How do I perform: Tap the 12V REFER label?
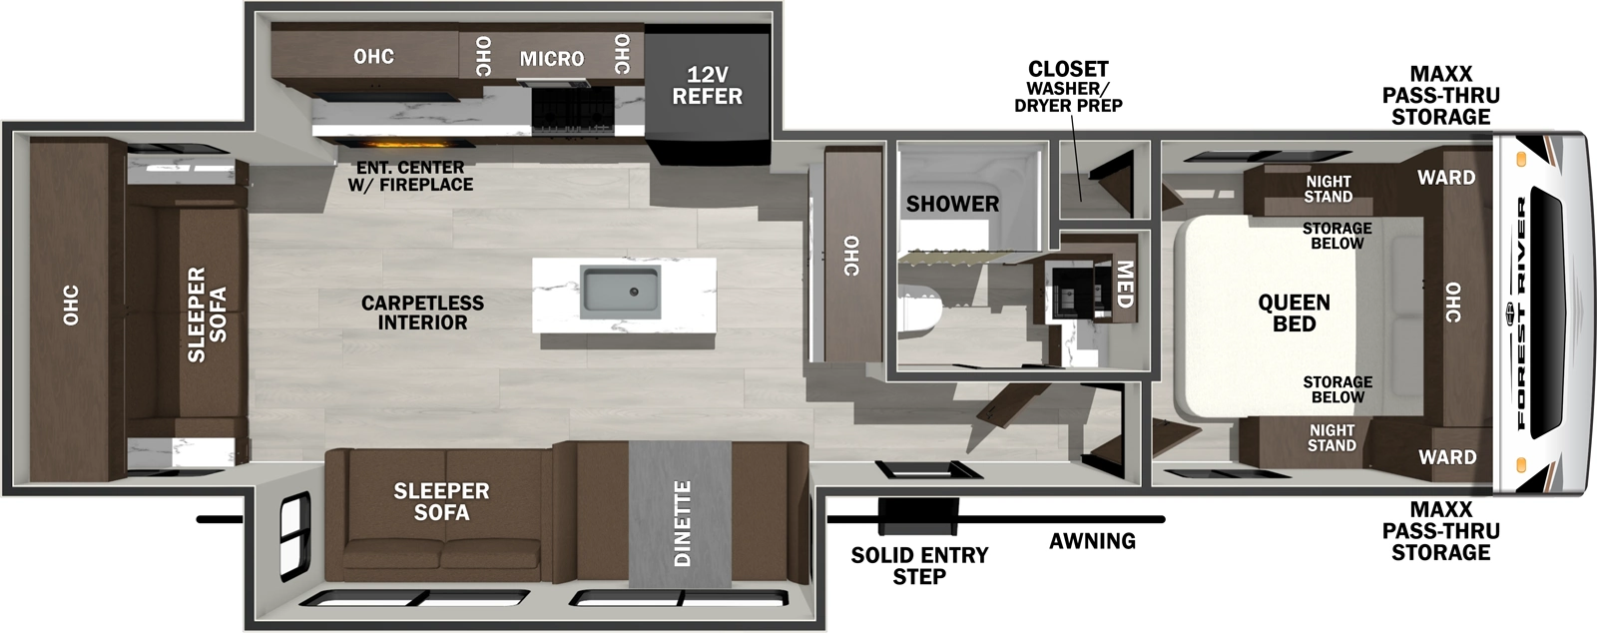click(x=707, y=86)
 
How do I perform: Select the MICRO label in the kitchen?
click(x=551, y=59)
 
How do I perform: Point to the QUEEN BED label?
click(x=1294, y=313)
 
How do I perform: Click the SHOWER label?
click(x=952, y=204)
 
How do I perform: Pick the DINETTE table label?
click(x=683, y=522)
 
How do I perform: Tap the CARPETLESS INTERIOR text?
click(x=422, y=313)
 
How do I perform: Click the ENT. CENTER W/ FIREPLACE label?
click(x=410, y=176)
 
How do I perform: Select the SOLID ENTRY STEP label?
click(x=919, y=565)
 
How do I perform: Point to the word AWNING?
click(x=1092, y=541)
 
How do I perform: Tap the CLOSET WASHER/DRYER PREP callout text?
click(x=1068, y=86)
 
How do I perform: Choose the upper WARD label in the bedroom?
click(x=1445, y=178)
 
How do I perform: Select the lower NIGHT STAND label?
click(x=1331, y=437)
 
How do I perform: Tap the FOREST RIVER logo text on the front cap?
click(x=1522, y=313)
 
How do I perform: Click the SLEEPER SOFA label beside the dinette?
click(x=441, y=501)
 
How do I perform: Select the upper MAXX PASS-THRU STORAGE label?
click(x=1440, y=95)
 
